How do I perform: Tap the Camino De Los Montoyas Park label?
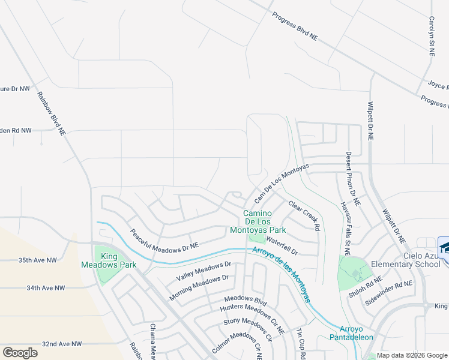point(258,221)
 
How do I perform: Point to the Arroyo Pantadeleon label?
point(356,333)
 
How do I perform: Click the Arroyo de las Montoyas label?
point(281,274)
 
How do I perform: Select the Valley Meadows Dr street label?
point(203,271)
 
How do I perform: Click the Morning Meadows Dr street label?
point(199,287)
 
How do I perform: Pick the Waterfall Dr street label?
point(282,245)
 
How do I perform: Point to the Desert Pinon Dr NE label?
point(352,178)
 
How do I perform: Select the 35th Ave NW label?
point(37,260)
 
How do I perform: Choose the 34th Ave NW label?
point(45,288)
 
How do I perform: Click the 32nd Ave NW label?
point(62,344)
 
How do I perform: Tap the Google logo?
point(20,353)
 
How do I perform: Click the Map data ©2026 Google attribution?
point(411,355)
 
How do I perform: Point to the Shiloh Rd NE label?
point(365,288)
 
